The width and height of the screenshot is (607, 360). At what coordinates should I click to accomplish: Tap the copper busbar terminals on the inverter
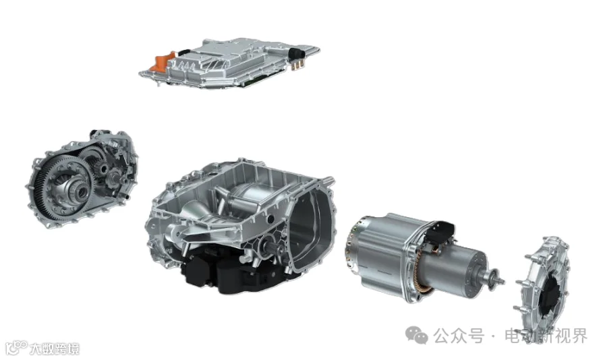click(297, 65)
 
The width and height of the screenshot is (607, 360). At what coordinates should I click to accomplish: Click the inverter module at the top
click(230, 63)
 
